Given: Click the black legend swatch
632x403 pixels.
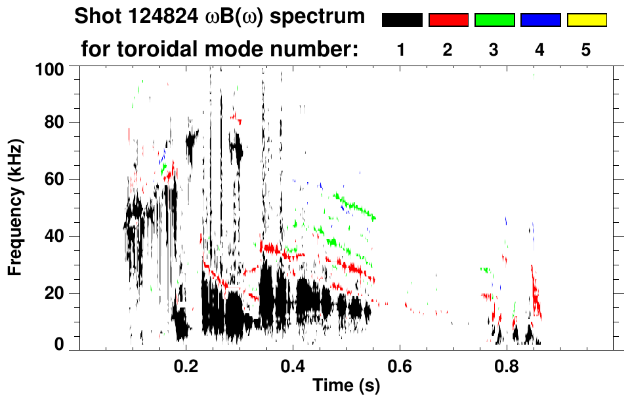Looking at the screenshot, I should [402, 20].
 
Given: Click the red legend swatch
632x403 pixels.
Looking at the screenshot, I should [448, 20].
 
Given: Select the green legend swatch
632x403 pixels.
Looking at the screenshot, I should [494, 20].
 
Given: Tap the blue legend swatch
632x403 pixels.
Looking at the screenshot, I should [540, 20].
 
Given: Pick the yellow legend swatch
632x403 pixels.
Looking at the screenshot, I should [587, 20].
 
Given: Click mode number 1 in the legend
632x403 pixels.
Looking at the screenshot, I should [401, 50].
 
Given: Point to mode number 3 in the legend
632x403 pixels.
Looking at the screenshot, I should [494, 50].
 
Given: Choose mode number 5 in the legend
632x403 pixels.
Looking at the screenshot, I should [586, 50].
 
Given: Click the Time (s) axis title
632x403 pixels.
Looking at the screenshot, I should [345, 386].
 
